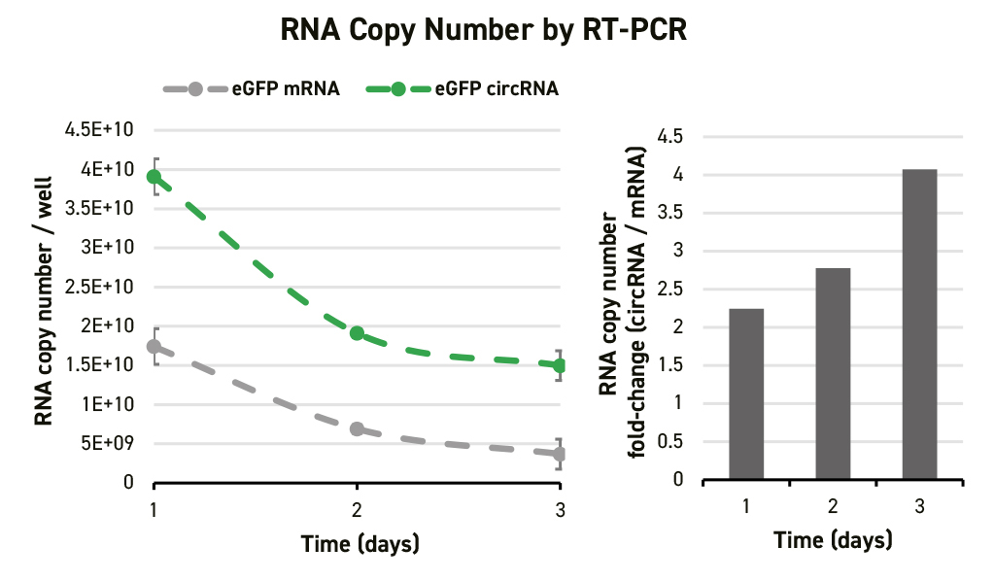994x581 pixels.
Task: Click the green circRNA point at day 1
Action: pyautogui.click(x=154, y=177)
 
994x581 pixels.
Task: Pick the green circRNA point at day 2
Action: pyautogui.click(x=357, y=333)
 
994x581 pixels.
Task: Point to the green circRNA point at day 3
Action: pyautogui.click(x=559, y=365)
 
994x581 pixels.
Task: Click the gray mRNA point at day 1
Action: pyautogui.click(x=154, y=347)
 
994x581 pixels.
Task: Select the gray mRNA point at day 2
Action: pyautogui.click(x=357, y=428)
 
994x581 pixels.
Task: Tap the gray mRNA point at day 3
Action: pyautogui.click(x=559, y=454)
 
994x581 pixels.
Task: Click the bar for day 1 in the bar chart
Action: pyautogui.click(x=746, y=393)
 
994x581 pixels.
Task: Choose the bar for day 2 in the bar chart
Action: pyautogui.click(x=833, y=373)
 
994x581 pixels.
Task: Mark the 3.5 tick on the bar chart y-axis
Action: pyautogui.click(x=669, y=213)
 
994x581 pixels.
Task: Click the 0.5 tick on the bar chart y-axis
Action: pyautogui.click(x=669, y=442)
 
